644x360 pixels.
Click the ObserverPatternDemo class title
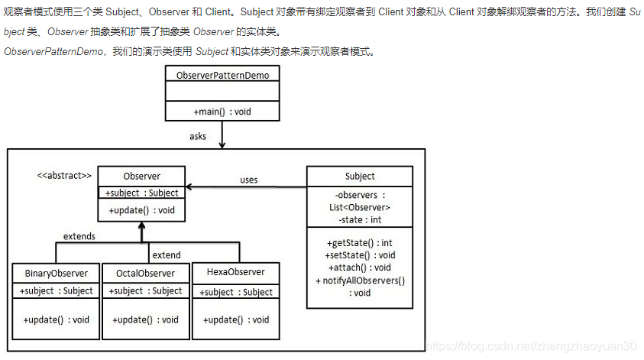[x=222, y=75]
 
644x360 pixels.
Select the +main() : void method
[x=222, y=112]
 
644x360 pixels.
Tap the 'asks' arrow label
[x=198, y=136]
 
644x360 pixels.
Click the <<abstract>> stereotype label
[x=64, y=176]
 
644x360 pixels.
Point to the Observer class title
[x=141, y=176]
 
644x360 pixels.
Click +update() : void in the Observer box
[x=141, y=210]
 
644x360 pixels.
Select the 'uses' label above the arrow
[x=248, y=180]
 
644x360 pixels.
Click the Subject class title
[x=360, y=176]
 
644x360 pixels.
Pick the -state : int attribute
[x=360, y=220]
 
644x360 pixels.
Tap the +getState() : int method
[x=360, y=243]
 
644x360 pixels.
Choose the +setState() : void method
[x=360, y=255]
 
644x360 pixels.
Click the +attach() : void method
[x=360, y=268]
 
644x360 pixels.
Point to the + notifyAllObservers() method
[x=360, y=281]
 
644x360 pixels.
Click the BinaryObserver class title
[x=57, y=274]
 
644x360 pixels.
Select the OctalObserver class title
[x=145, y=274]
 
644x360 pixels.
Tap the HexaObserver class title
[x=236, y=271]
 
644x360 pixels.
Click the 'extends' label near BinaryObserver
[x=79, y=236]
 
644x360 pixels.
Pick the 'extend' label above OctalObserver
[x=167, y=255]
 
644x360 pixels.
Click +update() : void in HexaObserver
[x=236, y=319]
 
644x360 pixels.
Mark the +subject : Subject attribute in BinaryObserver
[x=57, y=290]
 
